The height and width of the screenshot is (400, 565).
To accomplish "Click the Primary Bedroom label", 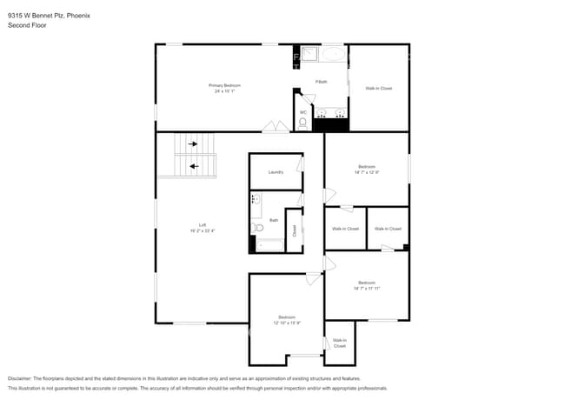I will pos(224,85).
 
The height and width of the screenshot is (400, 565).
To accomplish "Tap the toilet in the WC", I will pos(302,123).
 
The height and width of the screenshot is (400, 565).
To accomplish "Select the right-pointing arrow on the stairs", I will pos(193,144).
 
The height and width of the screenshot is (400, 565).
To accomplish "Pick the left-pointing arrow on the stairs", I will pos(193,165).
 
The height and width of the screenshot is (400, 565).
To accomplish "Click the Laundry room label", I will pos(276,172).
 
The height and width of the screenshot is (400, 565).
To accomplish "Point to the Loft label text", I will pos(202,224).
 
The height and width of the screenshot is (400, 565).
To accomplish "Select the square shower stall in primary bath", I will pos(308,56).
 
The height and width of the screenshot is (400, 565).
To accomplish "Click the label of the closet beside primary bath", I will pos(378,89).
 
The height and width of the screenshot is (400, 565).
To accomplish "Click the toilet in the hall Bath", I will pos(257,229).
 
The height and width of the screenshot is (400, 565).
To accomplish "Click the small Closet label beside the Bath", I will pos(295,230).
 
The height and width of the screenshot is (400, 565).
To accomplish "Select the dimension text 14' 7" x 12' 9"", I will pos(367,171).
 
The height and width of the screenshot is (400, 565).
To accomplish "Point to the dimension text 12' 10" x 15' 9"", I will pos(287,323).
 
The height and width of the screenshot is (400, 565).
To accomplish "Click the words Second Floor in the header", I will pos(27,25).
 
